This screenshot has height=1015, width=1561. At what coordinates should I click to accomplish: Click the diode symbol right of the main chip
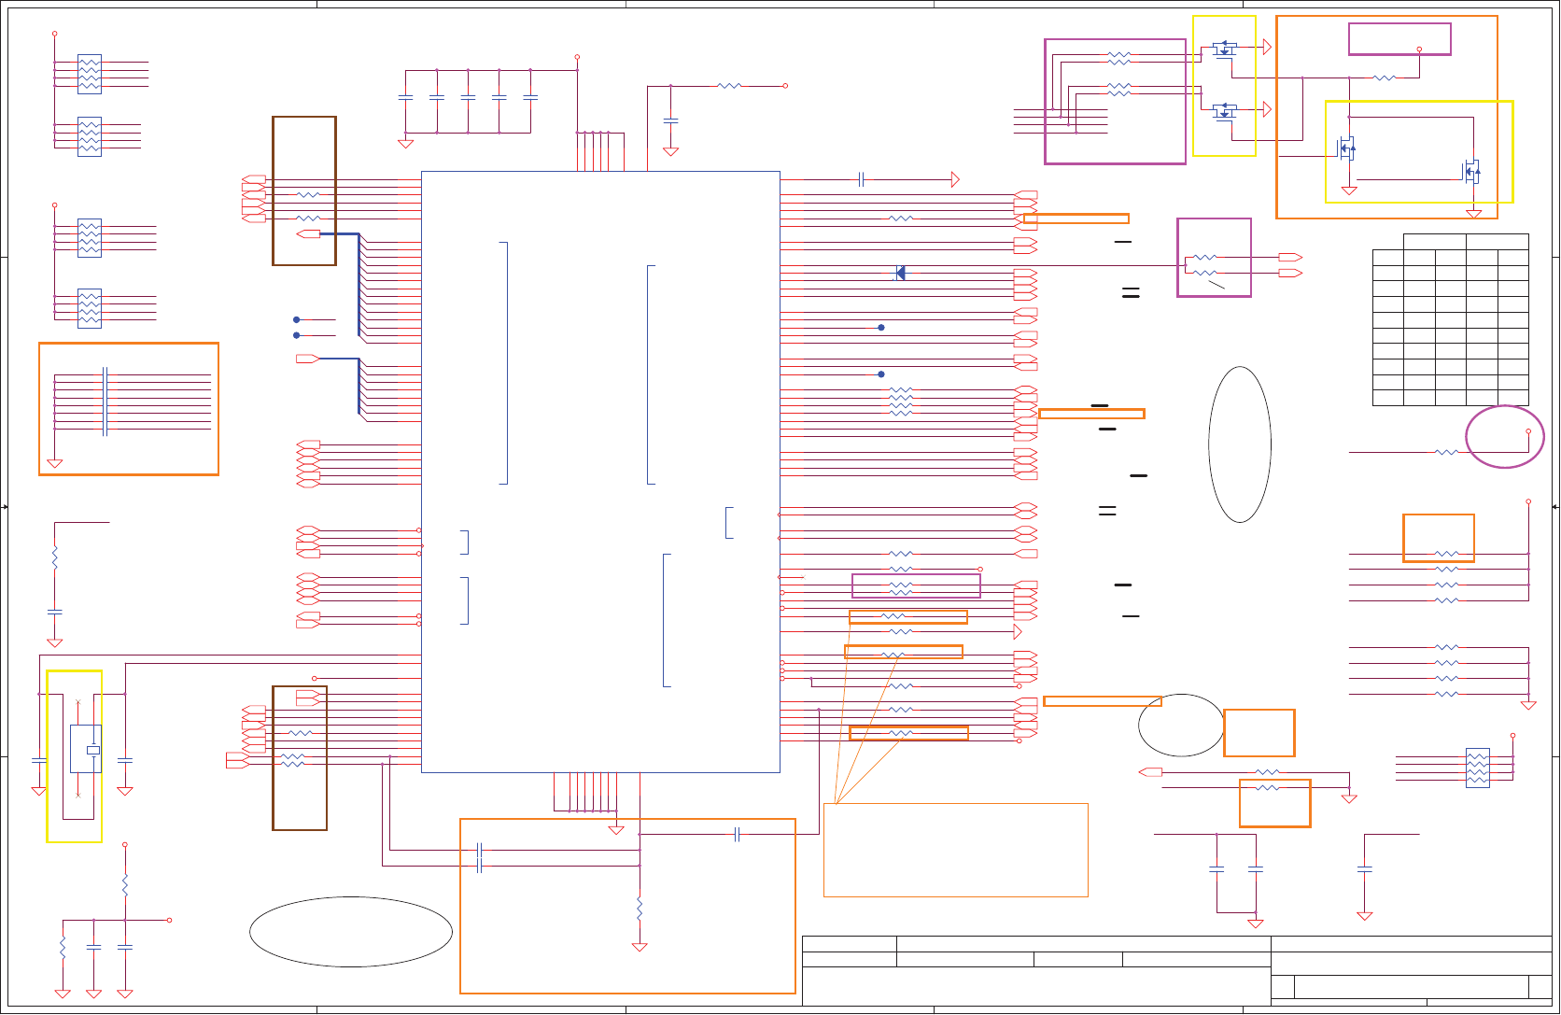[x=900, y=273]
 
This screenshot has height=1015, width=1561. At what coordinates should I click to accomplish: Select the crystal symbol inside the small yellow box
[x=92, y=750]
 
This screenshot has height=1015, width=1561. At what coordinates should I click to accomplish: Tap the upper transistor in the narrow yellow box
[x=1225, y=48]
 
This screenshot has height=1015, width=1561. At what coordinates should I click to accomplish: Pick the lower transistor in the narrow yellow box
[x=1225, y=110]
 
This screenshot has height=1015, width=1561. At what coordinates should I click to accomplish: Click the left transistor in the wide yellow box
[x=1346, y=148]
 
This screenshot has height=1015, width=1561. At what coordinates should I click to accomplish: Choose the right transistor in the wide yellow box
[x=1470, y=171]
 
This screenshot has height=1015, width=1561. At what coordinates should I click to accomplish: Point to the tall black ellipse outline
[x=1240, y=444]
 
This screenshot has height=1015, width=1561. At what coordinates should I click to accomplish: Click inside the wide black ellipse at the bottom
[x=351, y=932]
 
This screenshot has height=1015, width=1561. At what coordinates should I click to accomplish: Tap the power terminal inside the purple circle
[x=1528, y=431]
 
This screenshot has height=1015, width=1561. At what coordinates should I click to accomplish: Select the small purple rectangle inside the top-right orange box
[x=1399, y=39]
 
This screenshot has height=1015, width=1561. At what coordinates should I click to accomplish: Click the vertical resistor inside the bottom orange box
[x=640, y=909]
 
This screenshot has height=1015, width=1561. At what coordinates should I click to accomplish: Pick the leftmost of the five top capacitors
[x=405, y=97]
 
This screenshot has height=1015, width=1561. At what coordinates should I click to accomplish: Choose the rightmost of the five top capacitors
[x=530, y=97]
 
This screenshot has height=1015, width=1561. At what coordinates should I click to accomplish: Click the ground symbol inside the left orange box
[x=55, y=463]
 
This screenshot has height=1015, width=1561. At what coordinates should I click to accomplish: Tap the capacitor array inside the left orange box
[x=105, y=402]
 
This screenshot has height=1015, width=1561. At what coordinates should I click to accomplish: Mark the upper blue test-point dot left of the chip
[x=297, y=319]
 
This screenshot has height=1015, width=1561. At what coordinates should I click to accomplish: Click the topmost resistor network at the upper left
[x=90, y=74]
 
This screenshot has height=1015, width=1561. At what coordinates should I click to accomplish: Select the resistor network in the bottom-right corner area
[x=1477, y=768]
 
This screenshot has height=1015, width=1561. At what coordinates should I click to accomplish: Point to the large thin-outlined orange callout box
[x=955, y=850]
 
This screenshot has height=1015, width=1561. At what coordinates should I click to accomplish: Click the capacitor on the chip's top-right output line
[x=861, y=179]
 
